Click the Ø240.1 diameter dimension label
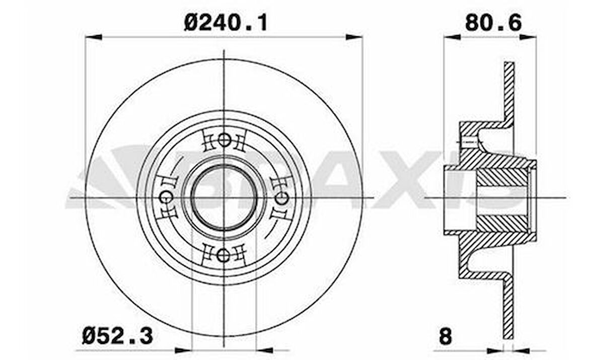point(225,22)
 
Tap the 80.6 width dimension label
point(493,22)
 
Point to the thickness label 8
point(445,337)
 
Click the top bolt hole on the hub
point(224,140)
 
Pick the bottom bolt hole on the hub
point(224,255)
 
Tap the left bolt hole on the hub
point(166,198)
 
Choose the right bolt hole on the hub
point(281,198)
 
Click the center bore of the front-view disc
point(224,198)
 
